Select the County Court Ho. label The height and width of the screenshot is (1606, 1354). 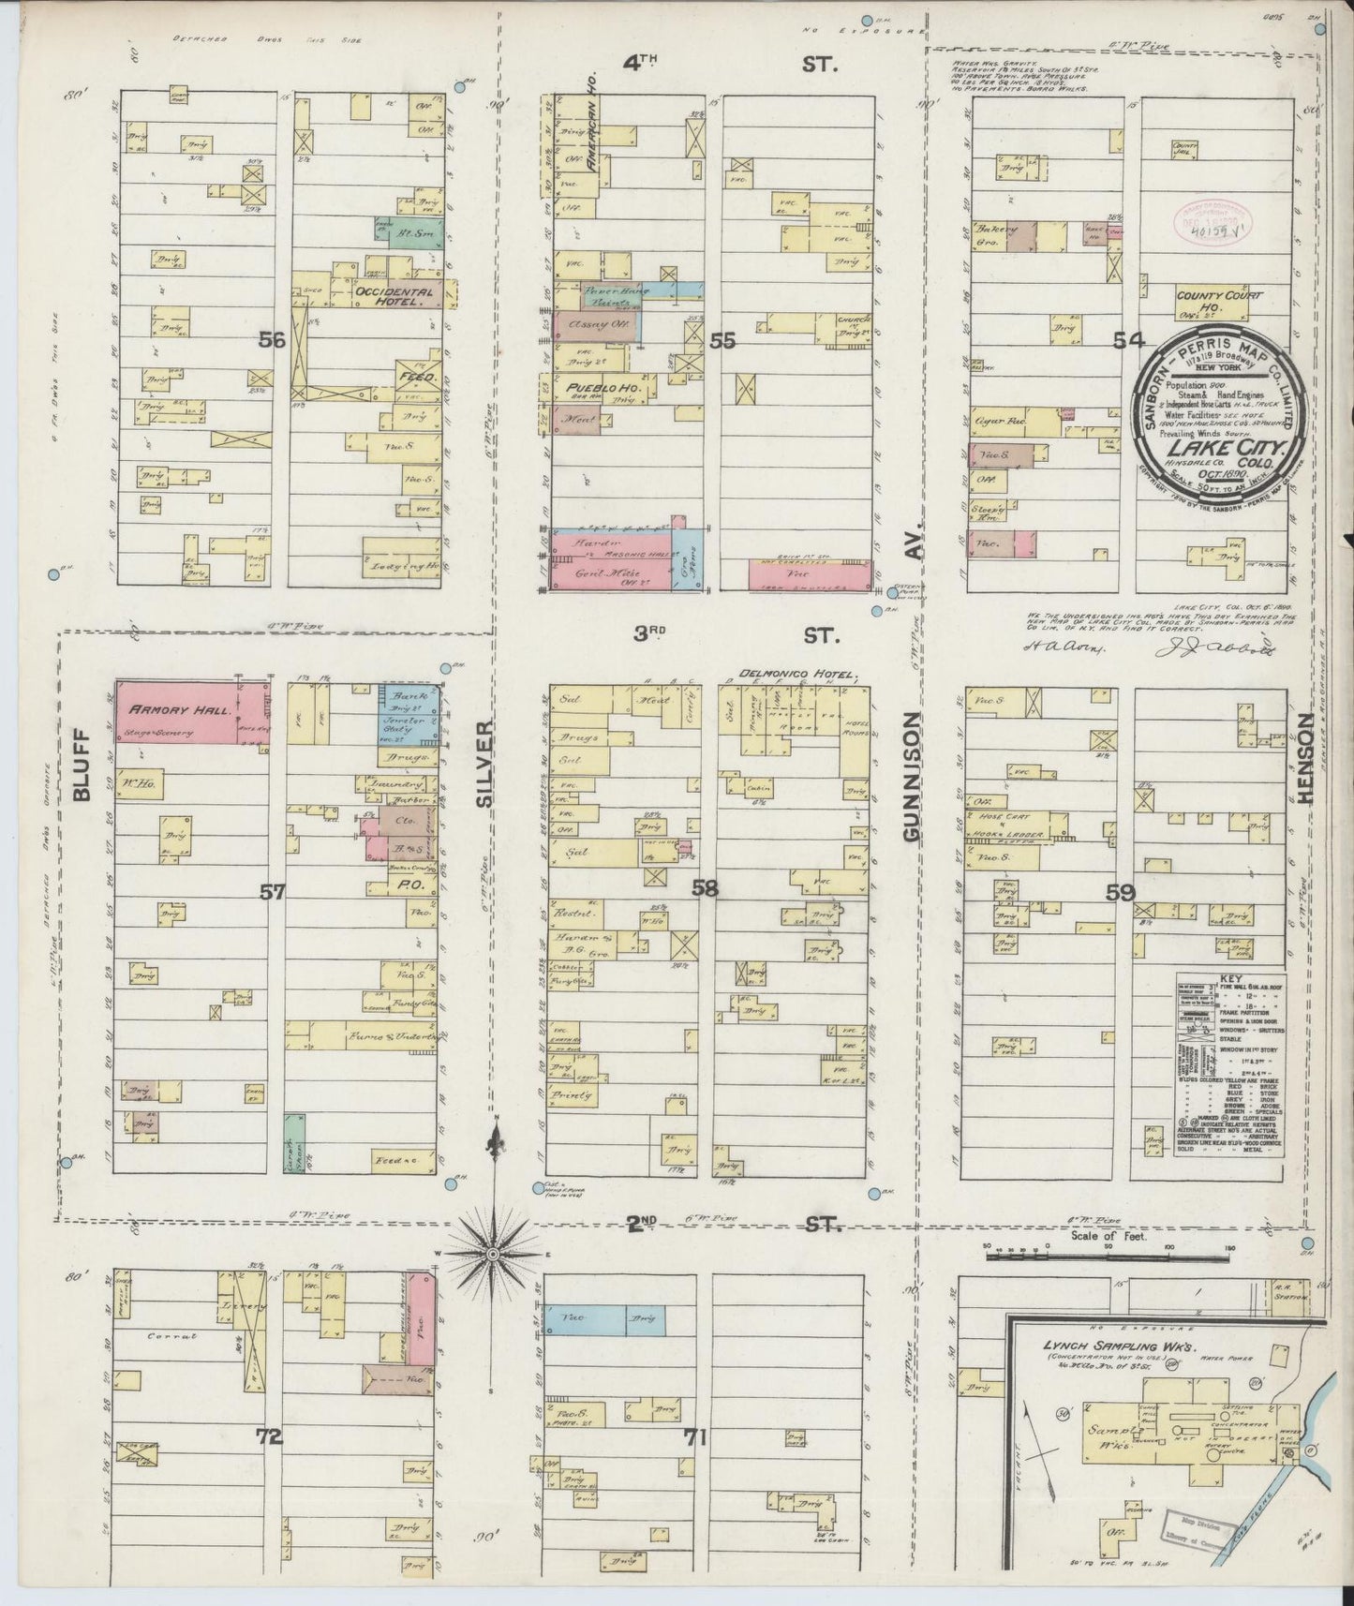[1219, 302]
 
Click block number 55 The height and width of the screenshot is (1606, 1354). [722, 342]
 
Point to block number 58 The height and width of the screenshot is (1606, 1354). [705, 890]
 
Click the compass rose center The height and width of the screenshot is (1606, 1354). [495, 1252]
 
